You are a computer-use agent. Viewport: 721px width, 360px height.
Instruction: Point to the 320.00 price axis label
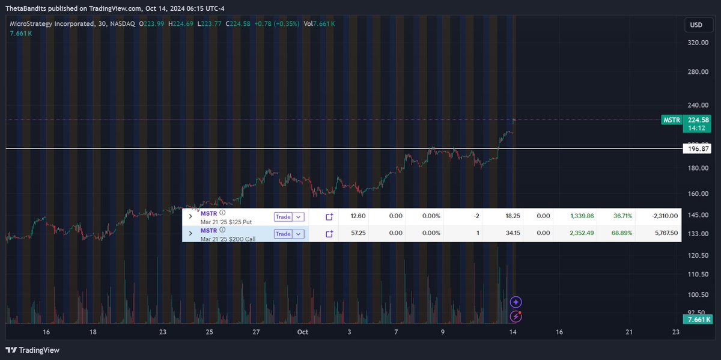pyautogui.click(x=697, y=43)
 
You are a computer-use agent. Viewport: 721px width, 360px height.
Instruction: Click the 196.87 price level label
pyautogui.click(x=697, y=148)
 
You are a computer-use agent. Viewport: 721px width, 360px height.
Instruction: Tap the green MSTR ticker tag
pyautogui.click(x=672, y=120)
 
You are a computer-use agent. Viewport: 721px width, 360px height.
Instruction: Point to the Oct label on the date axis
pyautogui.click(x=302, y=332)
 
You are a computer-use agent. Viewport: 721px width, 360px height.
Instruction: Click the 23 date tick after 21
pyautogui.click(x=676, y=332)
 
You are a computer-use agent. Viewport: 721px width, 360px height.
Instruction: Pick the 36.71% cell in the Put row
pyautogui.click(x=622, y=216)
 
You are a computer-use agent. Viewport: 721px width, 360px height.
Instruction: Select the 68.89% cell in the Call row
pyautogui.click(x=622, y=233)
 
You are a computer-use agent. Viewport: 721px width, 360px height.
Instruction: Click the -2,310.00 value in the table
pyautogui.click(x=665, y=216)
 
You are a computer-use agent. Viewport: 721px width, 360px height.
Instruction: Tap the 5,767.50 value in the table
pyautogui.click(x=665, y=233)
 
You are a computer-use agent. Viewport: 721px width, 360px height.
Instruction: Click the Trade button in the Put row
pyautogui.click(x=283, y=216)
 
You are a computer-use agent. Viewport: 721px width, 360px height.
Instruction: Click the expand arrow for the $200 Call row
pyautogui.click(x=190, y=233)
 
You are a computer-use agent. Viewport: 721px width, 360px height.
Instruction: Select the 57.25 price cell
pyautogui.click(x=358, y=233)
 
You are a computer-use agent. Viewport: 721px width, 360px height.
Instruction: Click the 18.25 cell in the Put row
pyautogui.click(x=513, y=216)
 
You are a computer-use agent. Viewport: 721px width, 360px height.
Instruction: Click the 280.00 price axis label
pyautogui.click(x=697, y=72)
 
